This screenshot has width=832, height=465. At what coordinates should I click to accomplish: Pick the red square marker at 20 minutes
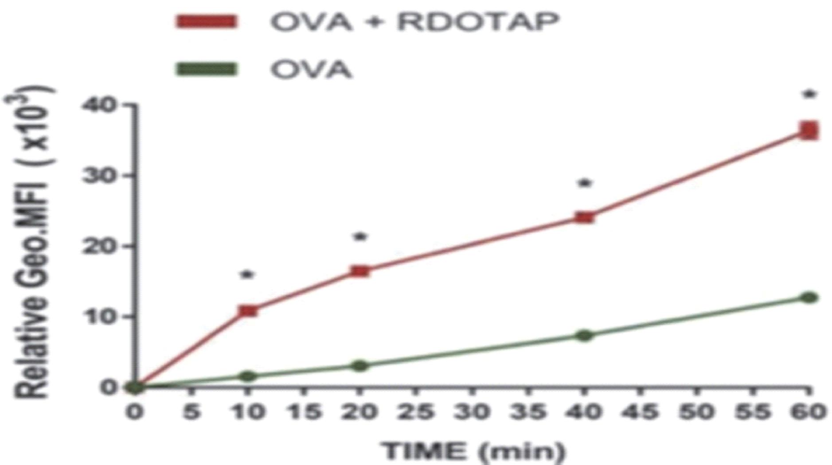click(x=360, y=271)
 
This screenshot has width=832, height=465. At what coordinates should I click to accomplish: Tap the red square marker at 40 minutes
click(x=585, y=217)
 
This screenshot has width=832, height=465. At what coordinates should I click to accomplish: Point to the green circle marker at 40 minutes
click(x=585, y=335)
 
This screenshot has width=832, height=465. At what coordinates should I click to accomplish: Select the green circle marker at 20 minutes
click(x=360, y=365)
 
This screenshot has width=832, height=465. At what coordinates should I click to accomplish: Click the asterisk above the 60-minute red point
click(x=809, y=94)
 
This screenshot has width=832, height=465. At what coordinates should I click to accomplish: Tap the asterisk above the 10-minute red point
click(x=247, y=275)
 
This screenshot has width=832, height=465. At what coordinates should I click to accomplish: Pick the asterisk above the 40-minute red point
click(x=585, y=182)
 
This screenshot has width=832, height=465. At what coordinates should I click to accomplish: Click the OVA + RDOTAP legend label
click(x=414, y=21)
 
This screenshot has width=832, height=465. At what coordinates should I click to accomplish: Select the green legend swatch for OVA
click(x=206, y=69)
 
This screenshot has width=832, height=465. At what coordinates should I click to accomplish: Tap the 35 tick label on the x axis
click(x=528, y=412)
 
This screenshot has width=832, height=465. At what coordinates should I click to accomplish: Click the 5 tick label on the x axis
click(x=191, y=412)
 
